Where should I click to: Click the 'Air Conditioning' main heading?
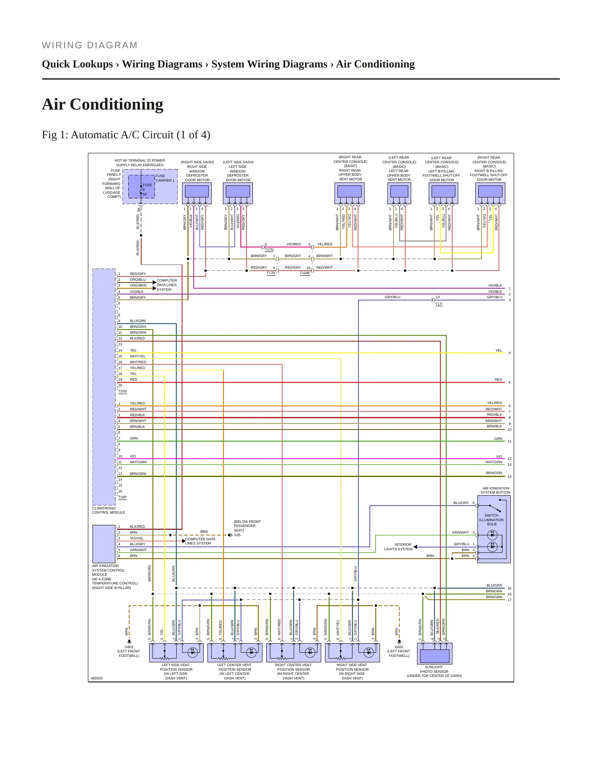pos(102,104)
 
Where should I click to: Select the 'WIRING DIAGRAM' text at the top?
pos(90,45)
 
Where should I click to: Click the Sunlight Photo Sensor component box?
pos(435,653)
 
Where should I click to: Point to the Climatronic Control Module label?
pos(108,510)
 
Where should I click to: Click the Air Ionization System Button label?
pos(495,490)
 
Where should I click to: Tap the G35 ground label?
pos(237,535)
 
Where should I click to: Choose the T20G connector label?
pos(122,391)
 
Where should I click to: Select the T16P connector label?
pos(122,497)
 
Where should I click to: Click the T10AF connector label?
pos(305,273)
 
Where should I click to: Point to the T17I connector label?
pos(439,304)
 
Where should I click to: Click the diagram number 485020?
pos(97,678)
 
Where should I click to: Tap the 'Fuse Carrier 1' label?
pos(165,178)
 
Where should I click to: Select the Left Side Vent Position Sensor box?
pos(176,653)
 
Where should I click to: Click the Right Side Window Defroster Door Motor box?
pos(197,193)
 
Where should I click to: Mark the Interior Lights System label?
pos(398,547)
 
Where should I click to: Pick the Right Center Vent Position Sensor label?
pos(294,672)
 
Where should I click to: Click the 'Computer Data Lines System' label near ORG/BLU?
pos(167,285)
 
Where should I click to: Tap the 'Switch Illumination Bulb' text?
pos(492,519)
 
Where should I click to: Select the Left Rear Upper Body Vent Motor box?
pos(399,193)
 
